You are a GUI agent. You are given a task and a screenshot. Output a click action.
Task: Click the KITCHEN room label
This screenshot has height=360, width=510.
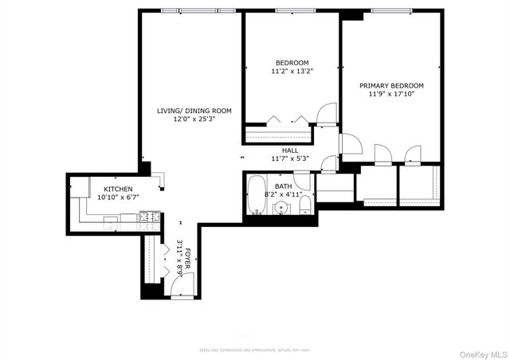click(106, 188)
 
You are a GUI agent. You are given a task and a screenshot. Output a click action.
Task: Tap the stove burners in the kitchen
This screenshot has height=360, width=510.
click(148, 215)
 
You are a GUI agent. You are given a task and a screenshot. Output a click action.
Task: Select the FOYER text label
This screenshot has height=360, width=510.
click(189, 260)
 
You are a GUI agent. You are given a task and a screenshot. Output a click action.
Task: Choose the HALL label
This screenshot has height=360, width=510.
click(290, 150)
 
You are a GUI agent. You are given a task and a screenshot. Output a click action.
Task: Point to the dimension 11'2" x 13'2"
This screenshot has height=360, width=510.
click(292, 71)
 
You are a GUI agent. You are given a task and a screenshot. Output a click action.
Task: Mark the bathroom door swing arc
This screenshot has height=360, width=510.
click(328, 162)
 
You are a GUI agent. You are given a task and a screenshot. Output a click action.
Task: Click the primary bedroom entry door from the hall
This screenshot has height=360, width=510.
click(351, 144)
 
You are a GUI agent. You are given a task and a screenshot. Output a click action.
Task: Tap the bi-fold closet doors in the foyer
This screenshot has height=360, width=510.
click(164, 255)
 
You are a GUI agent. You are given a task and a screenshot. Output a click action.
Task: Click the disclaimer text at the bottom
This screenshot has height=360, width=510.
click(253, 350)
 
